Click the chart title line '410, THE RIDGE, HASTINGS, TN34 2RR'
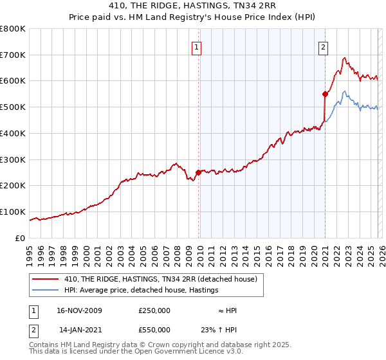193,6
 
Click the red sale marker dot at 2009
198,172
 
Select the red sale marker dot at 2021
325,94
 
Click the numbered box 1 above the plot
196,46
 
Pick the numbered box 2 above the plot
322,46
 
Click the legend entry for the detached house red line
161,279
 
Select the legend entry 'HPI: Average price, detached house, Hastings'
142,290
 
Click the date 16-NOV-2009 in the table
80,310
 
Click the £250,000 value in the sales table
154,310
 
